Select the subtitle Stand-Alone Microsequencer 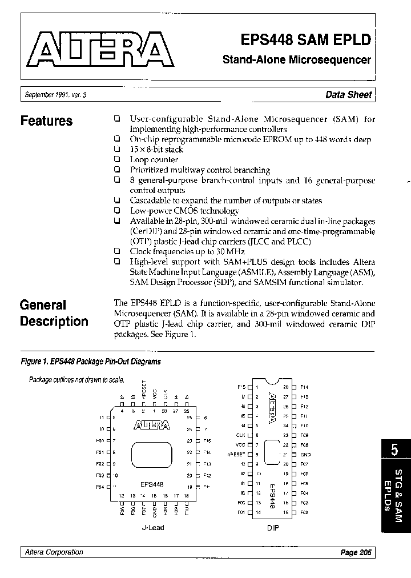click(x=296, y=60)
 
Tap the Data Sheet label click(x=348, y=95)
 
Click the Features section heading click(x=46, y=121)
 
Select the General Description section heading click(x=54, y=313)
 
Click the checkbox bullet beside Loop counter click(x=116, y=160)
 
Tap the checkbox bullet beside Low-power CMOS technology click(x=116, y=211)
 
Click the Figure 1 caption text click(x=91, y=362)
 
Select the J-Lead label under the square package click(x=152, y=528)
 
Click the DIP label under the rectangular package click(x=273, y=528)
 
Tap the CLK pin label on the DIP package click(x=240, y=435)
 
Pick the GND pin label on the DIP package click(x=304, y=455)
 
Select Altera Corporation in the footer click(x=54, y=552)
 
